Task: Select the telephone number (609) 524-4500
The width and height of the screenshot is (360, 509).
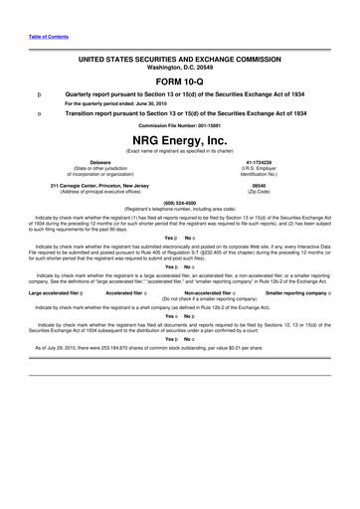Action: tap(179, 205)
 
